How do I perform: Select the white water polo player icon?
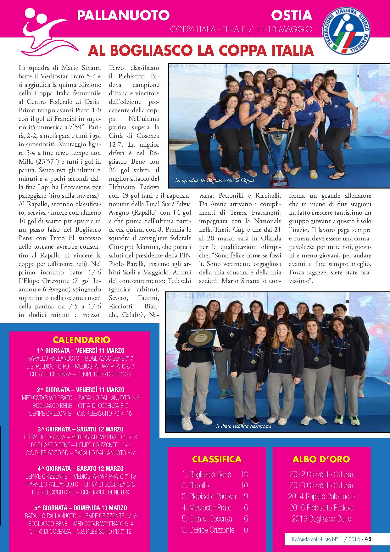(x=50, y=31)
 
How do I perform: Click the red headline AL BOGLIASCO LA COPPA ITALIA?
(x=201, y=50)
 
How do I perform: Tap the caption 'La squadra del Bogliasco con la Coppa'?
(x=214, y=181)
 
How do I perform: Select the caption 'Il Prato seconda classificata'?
(x=243, y=426)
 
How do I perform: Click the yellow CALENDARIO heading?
(x=81, y=340)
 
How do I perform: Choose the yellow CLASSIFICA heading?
(x=217, y=459)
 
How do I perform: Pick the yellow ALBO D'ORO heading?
(x=321, y=459)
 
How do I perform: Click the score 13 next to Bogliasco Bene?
(x=244, y=474)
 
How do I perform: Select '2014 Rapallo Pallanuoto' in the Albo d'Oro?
(x=321, y=497)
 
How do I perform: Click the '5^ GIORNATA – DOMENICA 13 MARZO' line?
(x=81, y=508)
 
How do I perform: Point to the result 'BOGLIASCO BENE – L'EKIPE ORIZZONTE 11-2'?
(x=81, y=445)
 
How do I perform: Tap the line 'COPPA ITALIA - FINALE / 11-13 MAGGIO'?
(x=241, y=30)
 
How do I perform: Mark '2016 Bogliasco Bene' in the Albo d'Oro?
(x=321, y=519)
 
